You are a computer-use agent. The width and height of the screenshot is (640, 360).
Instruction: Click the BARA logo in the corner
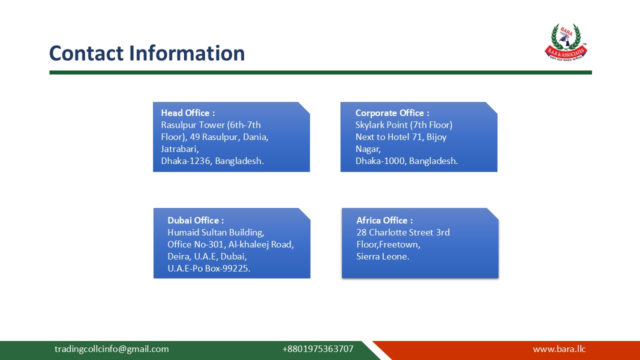pos(565,42)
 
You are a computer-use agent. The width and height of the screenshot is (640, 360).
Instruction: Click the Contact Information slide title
pos(147,53)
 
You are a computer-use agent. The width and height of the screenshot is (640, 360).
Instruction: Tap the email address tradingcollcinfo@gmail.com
pos(111,349)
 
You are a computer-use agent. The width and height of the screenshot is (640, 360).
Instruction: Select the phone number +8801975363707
pos(317,349)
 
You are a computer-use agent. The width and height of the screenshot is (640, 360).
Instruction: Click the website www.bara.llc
pos(559,349)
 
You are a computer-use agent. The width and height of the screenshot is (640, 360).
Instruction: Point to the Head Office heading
pos(187,113)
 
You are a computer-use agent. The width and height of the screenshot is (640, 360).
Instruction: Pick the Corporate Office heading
pos(392,113)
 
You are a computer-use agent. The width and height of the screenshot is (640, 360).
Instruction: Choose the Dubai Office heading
pos(195,220)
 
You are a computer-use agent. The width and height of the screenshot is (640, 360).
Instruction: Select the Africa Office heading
pos(384,220)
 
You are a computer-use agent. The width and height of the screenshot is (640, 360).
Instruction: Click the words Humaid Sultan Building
pos(215,232)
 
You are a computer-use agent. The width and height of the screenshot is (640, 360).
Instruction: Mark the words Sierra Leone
pos(382,256)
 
